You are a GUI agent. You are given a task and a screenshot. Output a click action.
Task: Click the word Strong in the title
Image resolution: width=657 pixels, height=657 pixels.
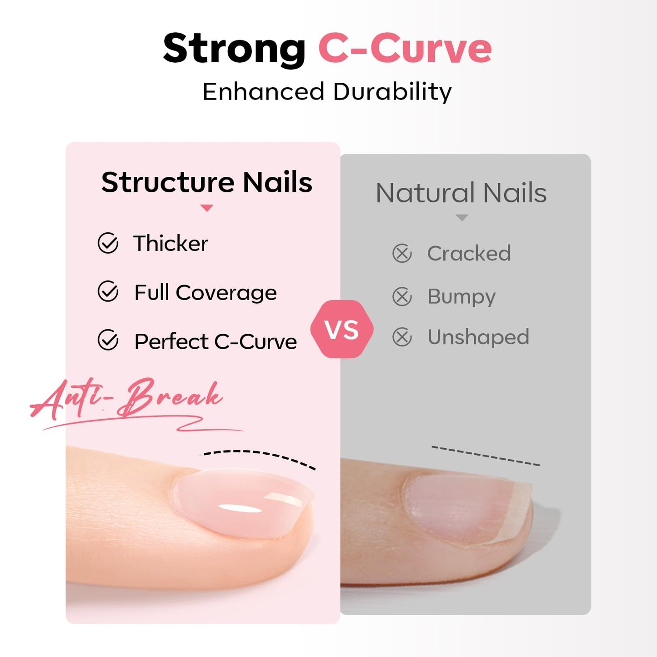click(234, 49)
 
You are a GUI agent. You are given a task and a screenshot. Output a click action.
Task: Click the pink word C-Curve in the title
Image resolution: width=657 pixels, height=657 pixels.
click(405, 49)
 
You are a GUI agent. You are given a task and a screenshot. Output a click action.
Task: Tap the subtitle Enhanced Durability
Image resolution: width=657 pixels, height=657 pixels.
click(327, 91)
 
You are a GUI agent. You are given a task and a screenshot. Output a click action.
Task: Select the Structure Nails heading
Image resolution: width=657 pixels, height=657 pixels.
click(206, 182)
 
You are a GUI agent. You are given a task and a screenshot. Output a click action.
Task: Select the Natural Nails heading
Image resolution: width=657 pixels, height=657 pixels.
click(461, 193)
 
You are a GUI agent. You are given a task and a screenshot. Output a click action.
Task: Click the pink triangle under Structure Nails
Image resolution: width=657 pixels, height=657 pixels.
click(206, 208)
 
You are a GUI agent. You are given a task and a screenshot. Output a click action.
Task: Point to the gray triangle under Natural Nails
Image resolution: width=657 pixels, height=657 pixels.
click(461, 218)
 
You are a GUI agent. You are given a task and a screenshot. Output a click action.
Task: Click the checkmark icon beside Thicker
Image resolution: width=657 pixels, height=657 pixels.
click(108, 243)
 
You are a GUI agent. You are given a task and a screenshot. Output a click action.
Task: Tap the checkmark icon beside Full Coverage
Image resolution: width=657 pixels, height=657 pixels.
click(108, 291)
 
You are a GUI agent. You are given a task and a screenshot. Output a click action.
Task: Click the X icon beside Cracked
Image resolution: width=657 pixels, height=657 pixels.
click(402, 253)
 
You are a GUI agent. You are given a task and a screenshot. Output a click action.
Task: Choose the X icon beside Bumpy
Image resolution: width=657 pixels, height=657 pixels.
click(402, 296)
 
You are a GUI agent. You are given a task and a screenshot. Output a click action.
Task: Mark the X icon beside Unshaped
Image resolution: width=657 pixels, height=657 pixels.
click(402, 337)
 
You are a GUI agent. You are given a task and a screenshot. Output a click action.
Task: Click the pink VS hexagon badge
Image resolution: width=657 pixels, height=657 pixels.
click(342, 329)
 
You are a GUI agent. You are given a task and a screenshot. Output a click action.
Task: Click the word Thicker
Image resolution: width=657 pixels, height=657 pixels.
click(171, 243)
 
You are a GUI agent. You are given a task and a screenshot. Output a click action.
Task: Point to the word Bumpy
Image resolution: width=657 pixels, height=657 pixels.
click(461, 297)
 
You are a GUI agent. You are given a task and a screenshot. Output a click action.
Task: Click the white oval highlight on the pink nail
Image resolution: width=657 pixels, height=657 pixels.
click(239, 507)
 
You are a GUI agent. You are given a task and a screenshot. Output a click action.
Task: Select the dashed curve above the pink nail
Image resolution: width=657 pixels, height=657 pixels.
click(259, 455)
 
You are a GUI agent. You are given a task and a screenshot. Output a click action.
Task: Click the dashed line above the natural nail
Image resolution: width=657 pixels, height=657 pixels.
click(485, 456)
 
